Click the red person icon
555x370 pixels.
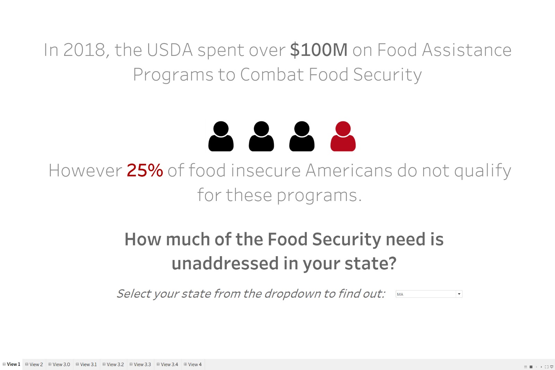343,136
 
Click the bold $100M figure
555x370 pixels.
319,50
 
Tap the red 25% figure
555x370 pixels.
145,170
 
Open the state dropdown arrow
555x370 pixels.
459,294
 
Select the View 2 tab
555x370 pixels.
34,364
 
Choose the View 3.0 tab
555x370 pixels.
59,364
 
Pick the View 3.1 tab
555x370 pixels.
86,364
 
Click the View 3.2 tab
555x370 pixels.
113,364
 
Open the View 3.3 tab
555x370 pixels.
140,364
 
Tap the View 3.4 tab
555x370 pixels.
167,364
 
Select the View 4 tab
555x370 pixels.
193,364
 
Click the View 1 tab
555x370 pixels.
11,364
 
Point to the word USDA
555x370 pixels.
170,50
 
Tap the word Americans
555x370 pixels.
349,170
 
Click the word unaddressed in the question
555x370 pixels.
225,263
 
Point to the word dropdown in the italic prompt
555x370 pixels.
292,294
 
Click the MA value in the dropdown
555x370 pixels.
400,294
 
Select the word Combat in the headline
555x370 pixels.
272,74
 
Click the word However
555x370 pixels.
85,170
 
